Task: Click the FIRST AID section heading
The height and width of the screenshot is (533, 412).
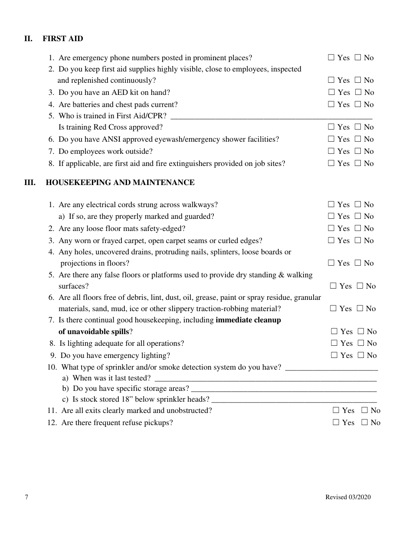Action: point(63,39)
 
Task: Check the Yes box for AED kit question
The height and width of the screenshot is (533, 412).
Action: point(331,92)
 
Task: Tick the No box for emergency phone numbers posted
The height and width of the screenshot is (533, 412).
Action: point(358,58)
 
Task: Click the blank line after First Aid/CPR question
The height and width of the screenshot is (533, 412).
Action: point(271,117)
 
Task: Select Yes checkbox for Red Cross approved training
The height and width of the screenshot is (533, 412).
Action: point(331,127)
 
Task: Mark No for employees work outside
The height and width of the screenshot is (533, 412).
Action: point(358,151)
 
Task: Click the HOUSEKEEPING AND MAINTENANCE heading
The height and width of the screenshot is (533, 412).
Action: point(120,182)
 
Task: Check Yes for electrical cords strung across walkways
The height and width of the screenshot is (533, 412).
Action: point(331,205)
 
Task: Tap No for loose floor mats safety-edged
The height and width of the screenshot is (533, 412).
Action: point(358,228)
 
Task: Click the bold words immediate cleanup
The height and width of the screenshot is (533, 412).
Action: point(248,320)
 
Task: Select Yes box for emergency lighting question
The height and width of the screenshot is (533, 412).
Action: point(334,355)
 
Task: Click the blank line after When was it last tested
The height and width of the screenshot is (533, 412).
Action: point(265,379)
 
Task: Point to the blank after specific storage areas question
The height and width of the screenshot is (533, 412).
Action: point(284,389)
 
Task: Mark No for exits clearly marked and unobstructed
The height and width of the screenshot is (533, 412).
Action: point(365,410)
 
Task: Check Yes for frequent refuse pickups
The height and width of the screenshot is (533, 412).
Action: point(336,422)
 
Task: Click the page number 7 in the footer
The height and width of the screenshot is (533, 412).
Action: point(26,497)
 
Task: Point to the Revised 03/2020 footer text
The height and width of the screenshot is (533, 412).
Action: point(348,497)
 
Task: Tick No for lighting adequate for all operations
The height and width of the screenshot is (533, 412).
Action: point(361,343)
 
